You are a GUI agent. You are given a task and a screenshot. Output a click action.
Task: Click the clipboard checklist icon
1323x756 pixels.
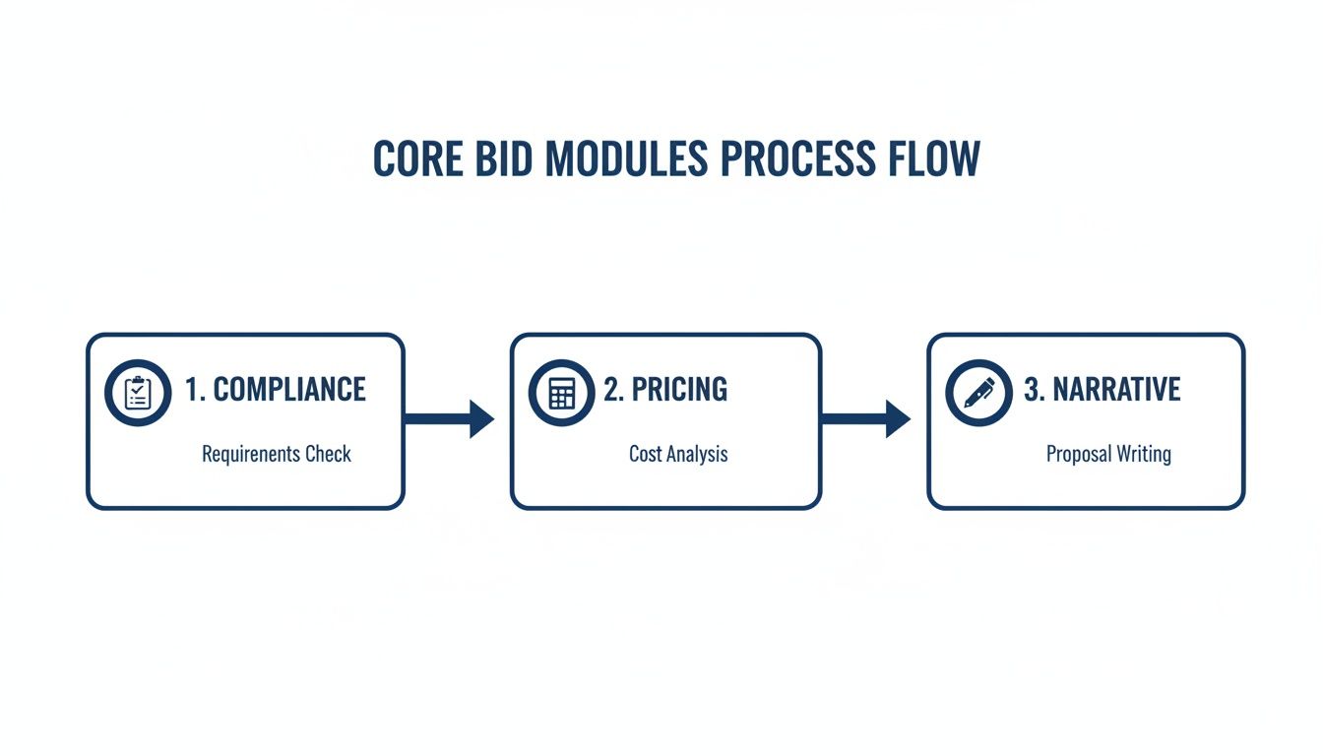[138, 393]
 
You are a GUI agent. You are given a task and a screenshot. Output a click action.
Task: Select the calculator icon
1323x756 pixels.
[561, 393]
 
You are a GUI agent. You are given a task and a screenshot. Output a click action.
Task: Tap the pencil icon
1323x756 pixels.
[978, 393]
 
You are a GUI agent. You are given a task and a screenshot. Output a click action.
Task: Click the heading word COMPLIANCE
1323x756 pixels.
[289, 390]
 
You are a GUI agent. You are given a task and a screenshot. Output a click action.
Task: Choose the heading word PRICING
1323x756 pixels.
[679, 390]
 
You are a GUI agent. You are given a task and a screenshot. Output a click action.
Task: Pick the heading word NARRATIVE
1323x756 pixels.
[1116, 390]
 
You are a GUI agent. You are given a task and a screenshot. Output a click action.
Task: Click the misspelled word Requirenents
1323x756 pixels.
[251, 455]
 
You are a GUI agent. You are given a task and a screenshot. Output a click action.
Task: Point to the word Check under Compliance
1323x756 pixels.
[328, 455]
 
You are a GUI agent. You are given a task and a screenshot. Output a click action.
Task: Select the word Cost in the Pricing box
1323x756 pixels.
[646, 455]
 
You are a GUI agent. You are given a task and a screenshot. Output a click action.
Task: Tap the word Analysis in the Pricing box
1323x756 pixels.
[698, 455]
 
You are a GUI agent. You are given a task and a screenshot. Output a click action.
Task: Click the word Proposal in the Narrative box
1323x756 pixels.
[1077, 455]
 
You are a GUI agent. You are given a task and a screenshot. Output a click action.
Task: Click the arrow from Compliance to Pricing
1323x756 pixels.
[450, 419]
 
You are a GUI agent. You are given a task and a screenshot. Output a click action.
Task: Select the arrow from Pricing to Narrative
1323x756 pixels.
[866, 419]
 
